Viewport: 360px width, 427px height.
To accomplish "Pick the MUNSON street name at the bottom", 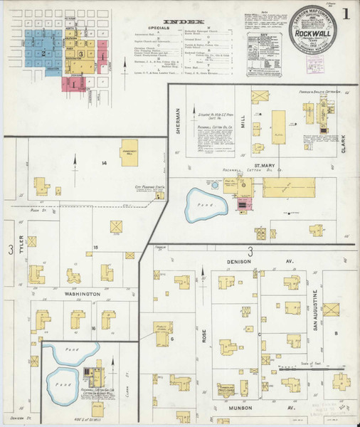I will click(x=235, y=409).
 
